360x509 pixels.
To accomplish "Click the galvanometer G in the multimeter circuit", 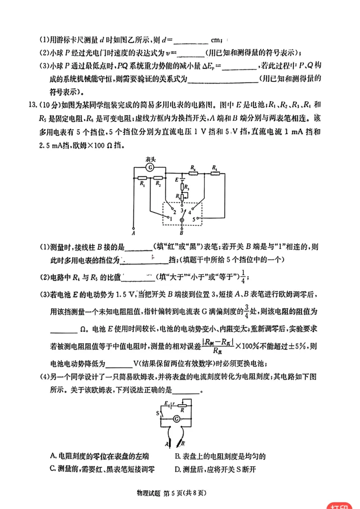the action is click(x=150, y=168).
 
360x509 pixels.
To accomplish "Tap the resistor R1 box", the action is click(x=142, y=178).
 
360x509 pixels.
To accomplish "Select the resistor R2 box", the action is click(x=158, y=178).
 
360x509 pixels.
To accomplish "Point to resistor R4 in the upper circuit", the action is click(x=193, y=172).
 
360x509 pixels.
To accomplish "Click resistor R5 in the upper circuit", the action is click(x=215, y=172).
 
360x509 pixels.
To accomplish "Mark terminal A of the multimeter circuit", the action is click(x=134, y=232).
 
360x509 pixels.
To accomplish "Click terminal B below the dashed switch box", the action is click(x=182, y=233).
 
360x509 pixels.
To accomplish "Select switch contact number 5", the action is click(x=198, y=217).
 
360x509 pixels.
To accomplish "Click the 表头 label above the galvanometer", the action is click(x=150, y=159).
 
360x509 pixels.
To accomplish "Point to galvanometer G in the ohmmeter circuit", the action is click(x=177, y=419).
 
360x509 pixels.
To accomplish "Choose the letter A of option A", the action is click(x=54, y=456).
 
